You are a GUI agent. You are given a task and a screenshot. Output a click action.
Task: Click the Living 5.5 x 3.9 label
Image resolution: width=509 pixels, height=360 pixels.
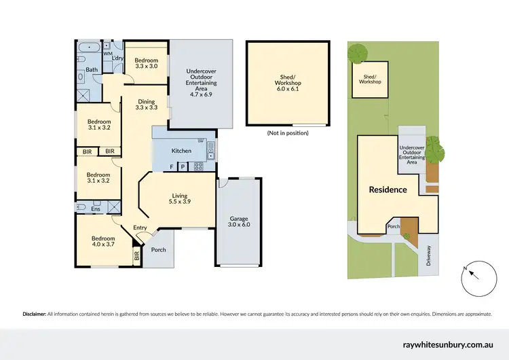tap(179, 200)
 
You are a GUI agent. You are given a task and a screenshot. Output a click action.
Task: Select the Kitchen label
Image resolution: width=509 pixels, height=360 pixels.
tap(181, 150)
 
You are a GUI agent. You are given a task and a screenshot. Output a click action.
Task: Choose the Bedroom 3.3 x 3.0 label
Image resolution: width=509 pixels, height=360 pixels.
tap(147, 62)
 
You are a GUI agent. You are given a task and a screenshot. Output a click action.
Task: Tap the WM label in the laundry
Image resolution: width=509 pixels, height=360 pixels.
tap(107, 53)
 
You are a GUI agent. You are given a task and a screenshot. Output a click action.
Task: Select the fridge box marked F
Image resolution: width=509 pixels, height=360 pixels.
tap(172, 166)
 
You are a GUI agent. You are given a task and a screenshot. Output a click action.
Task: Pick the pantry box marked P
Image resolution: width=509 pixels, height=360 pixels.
tap(183, 166)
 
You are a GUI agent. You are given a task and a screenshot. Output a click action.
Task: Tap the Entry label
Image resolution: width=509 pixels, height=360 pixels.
tap(140, 228)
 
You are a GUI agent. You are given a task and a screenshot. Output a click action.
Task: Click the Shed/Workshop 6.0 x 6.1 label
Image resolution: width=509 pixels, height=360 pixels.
tap(288, 83)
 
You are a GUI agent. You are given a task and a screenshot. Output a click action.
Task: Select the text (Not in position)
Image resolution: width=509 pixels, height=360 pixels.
tap(288, 133)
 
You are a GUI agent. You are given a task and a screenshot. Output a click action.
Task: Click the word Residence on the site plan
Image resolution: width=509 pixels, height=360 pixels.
tap(388, 190)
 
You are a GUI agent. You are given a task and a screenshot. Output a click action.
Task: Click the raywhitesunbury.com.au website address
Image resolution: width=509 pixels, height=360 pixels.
tap(451, 344)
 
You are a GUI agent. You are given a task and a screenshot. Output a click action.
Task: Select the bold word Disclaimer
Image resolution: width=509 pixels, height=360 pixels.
tap(34, 314)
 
